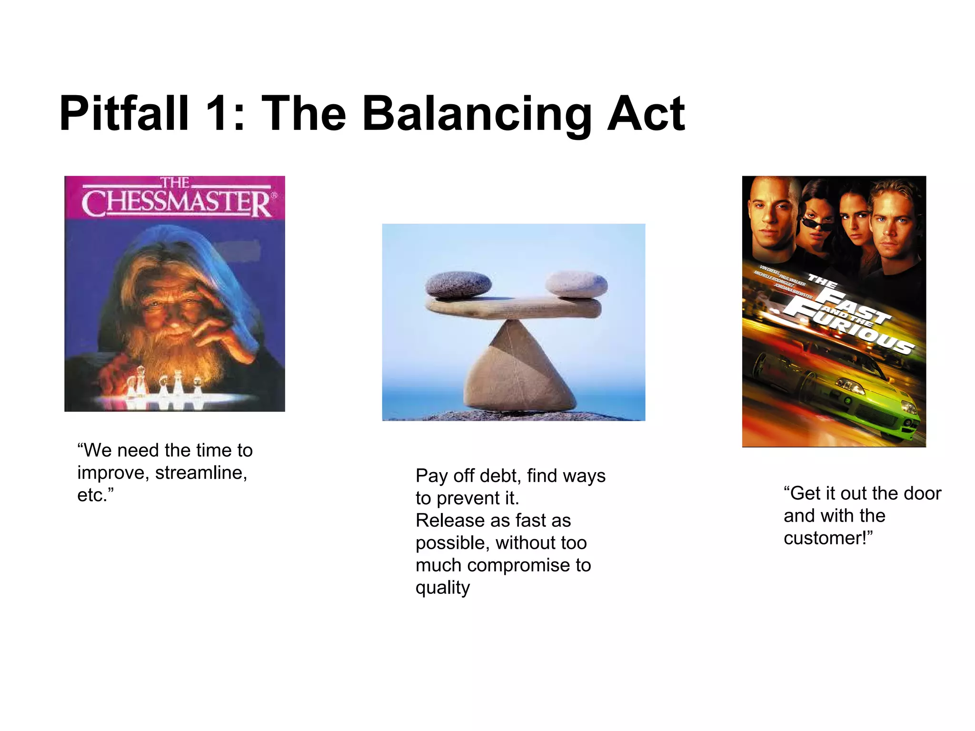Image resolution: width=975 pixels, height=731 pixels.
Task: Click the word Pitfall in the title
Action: click(124, 114)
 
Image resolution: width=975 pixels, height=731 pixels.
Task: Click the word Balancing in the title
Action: click(476, 114)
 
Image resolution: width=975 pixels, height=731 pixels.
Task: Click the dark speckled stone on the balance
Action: click(458, 284)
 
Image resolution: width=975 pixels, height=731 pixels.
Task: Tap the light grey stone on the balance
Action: click(576, 284)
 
